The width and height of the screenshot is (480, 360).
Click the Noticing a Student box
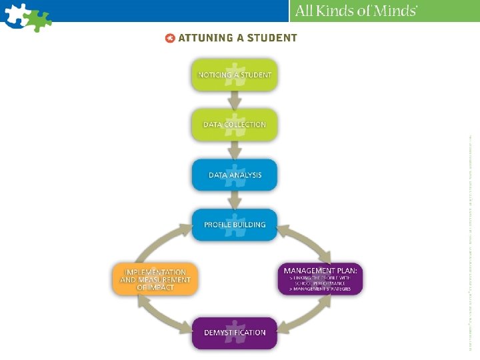point(235,75)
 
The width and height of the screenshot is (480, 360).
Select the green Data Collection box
point(235,125)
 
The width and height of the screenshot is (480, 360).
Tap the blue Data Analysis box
point(235,175)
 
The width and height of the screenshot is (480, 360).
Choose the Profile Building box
point(235,225)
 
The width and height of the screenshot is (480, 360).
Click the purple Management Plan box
point(321,279)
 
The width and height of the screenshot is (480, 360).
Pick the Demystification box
point(235,333)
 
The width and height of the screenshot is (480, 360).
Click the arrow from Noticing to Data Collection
point(235,100)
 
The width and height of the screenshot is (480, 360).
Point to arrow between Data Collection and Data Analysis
point(235,150)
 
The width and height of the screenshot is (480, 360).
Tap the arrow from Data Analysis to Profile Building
point(235,200)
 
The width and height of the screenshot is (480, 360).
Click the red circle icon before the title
point(170,38)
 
